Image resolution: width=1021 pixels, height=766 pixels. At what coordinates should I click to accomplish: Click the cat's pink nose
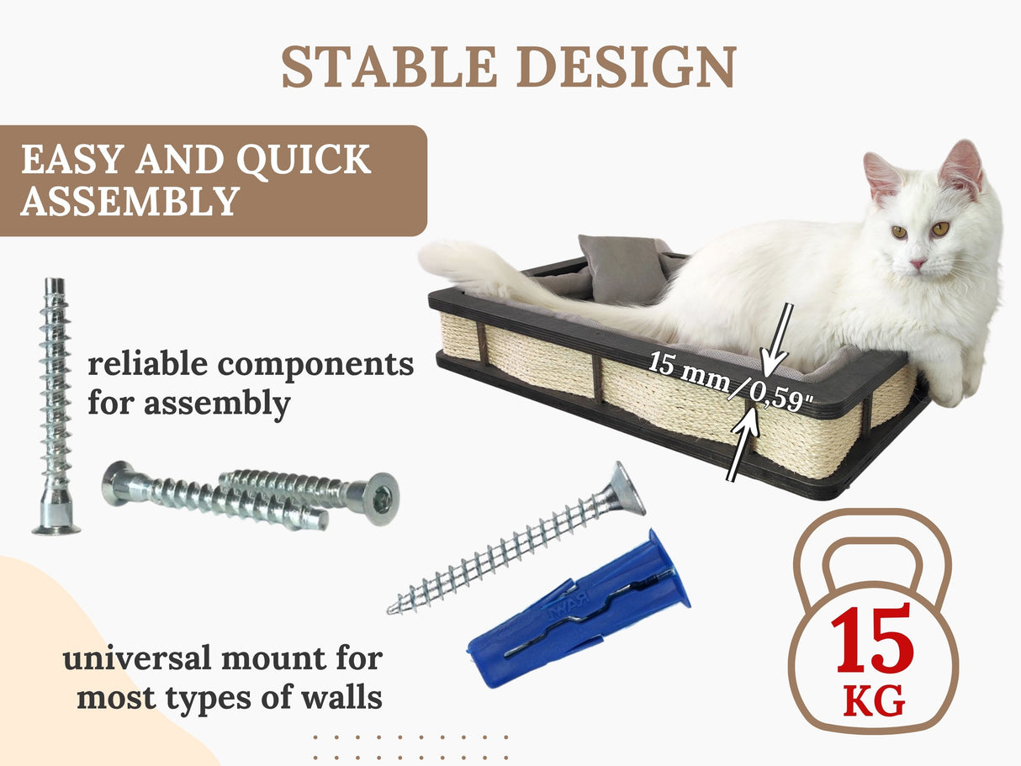pyautogui.click(x=917, y=263)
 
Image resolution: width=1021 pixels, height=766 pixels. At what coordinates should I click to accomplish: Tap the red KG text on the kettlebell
pyautogui.click(x=874, y=700)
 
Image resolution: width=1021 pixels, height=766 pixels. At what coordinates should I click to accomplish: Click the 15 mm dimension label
pyautogui.click(x=689, y=371)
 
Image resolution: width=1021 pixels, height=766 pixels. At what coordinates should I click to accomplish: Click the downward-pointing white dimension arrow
pyautogui.click(x=779, y=340)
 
